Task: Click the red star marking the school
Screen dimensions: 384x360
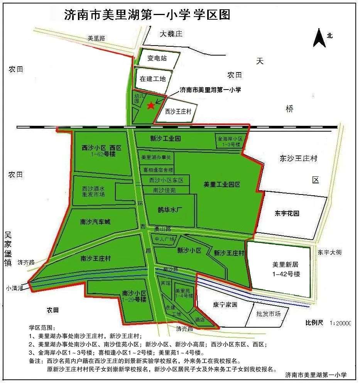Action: tap(150, 105)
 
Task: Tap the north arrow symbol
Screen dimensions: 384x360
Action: tap(319, 38)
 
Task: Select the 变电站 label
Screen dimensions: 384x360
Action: tap(157, 58)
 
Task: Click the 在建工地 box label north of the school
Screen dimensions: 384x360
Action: tap(152, 79)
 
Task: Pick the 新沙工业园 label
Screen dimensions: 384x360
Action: tap(165, 138)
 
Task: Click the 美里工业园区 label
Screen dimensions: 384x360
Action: tap(222, 185)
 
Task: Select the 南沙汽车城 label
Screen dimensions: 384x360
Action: tap(95, 222)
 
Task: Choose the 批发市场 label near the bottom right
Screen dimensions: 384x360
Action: tap(268, 314)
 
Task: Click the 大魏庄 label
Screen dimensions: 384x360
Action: tap(171, 34)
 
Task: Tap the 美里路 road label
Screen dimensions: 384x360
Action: tap(96, 38)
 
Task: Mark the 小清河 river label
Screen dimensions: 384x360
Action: tap(14, 288)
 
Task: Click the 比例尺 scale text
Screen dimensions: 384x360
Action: tap(314, 323)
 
